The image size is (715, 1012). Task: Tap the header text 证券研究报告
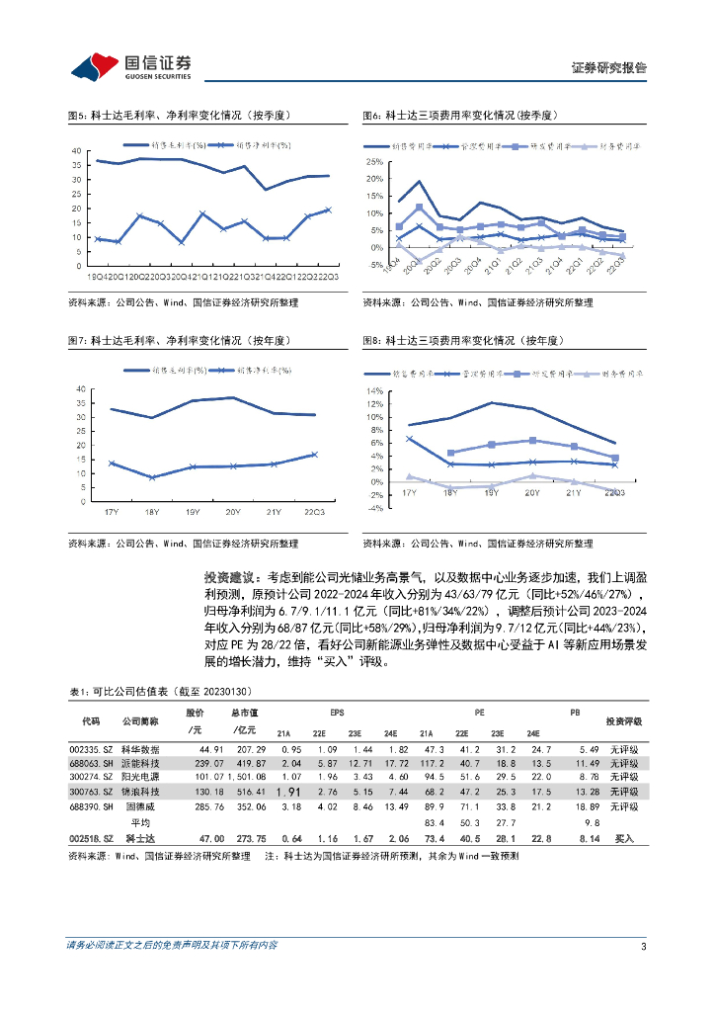point(609,68)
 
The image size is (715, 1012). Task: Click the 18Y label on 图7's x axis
point(152,511)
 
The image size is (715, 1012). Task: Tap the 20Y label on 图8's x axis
point(532,491)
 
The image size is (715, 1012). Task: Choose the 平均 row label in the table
point(140,822)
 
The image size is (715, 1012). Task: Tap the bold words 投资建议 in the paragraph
point(229,576)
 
